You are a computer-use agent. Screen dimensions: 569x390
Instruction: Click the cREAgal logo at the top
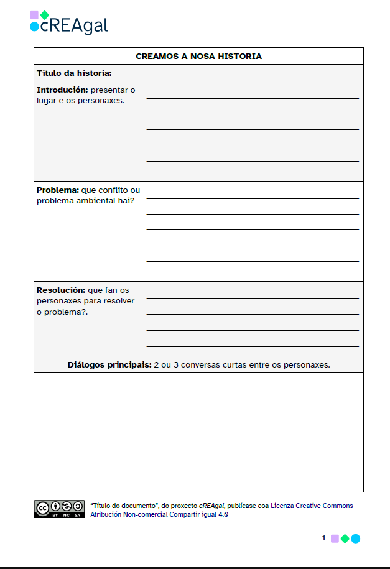point(69,22)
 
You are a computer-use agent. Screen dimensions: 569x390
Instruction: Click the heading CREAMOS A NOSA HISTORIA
point(198,56)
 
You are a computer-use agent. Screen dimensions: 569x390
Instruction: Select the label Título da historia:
point(74,73)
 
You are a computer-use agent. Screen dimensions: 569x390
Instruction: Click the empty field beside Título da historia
point(253,73)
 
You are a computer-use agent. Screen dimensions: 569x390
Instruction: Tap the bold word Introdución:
point(58,90)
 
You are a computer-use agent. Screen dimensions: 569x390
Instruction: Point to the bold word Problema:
point(57,190)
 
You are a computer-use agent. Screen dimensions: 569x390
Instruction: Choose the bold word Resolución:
point(60,290)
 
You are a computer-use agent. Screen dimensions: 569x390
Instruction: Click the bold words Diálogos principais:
point(109,365)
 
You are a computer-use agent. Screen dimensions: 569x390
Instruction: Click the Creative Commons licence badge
point(59,509)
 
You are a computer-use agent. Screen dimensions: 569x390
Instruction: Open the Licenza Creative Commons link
point(312,506)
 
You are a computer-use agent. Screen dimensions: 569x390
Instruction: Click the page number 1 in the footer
point(323,539)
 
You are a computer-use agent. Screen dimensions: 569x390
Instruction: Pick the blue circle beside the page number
point(356,539)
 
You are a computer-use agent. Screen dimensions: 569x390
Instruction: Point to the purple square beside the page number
point(335,539)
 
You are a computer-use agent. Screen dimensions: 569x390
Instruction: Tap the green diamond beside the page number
point(345,539)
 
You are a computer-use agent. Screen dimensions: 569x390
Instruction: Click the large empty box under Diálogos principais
point(198,432)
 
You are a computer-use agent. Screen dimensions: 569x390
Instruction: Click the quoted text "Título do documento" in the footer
point(124,506)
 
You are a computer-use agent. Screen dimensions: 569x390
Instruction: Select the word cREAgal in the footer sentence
point(211,506)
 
